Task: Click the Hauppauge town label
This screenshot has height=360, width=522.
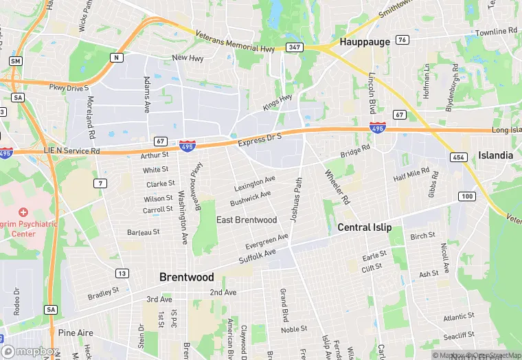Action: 365,42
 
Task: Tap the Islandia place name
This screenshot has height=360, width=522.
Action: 495,155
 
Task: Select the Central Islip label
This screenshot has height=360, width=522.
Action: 364,227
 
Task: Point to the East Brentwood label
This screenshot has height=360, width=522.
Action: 247,220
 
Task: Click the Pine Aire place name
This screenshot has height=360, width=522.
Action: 76,333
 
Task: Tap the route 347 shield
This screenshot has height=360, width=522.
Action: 295,47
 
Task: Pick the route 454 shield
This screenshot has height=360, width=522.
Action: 459,157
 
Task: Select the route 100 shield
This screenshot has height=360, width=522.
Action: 467,196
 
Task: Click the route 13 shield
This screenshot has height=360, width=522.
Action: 122,273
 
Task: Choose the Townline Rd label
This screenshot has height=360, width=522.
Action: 496,32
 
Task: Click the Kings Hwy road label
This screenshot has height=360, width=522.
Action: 277,103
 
